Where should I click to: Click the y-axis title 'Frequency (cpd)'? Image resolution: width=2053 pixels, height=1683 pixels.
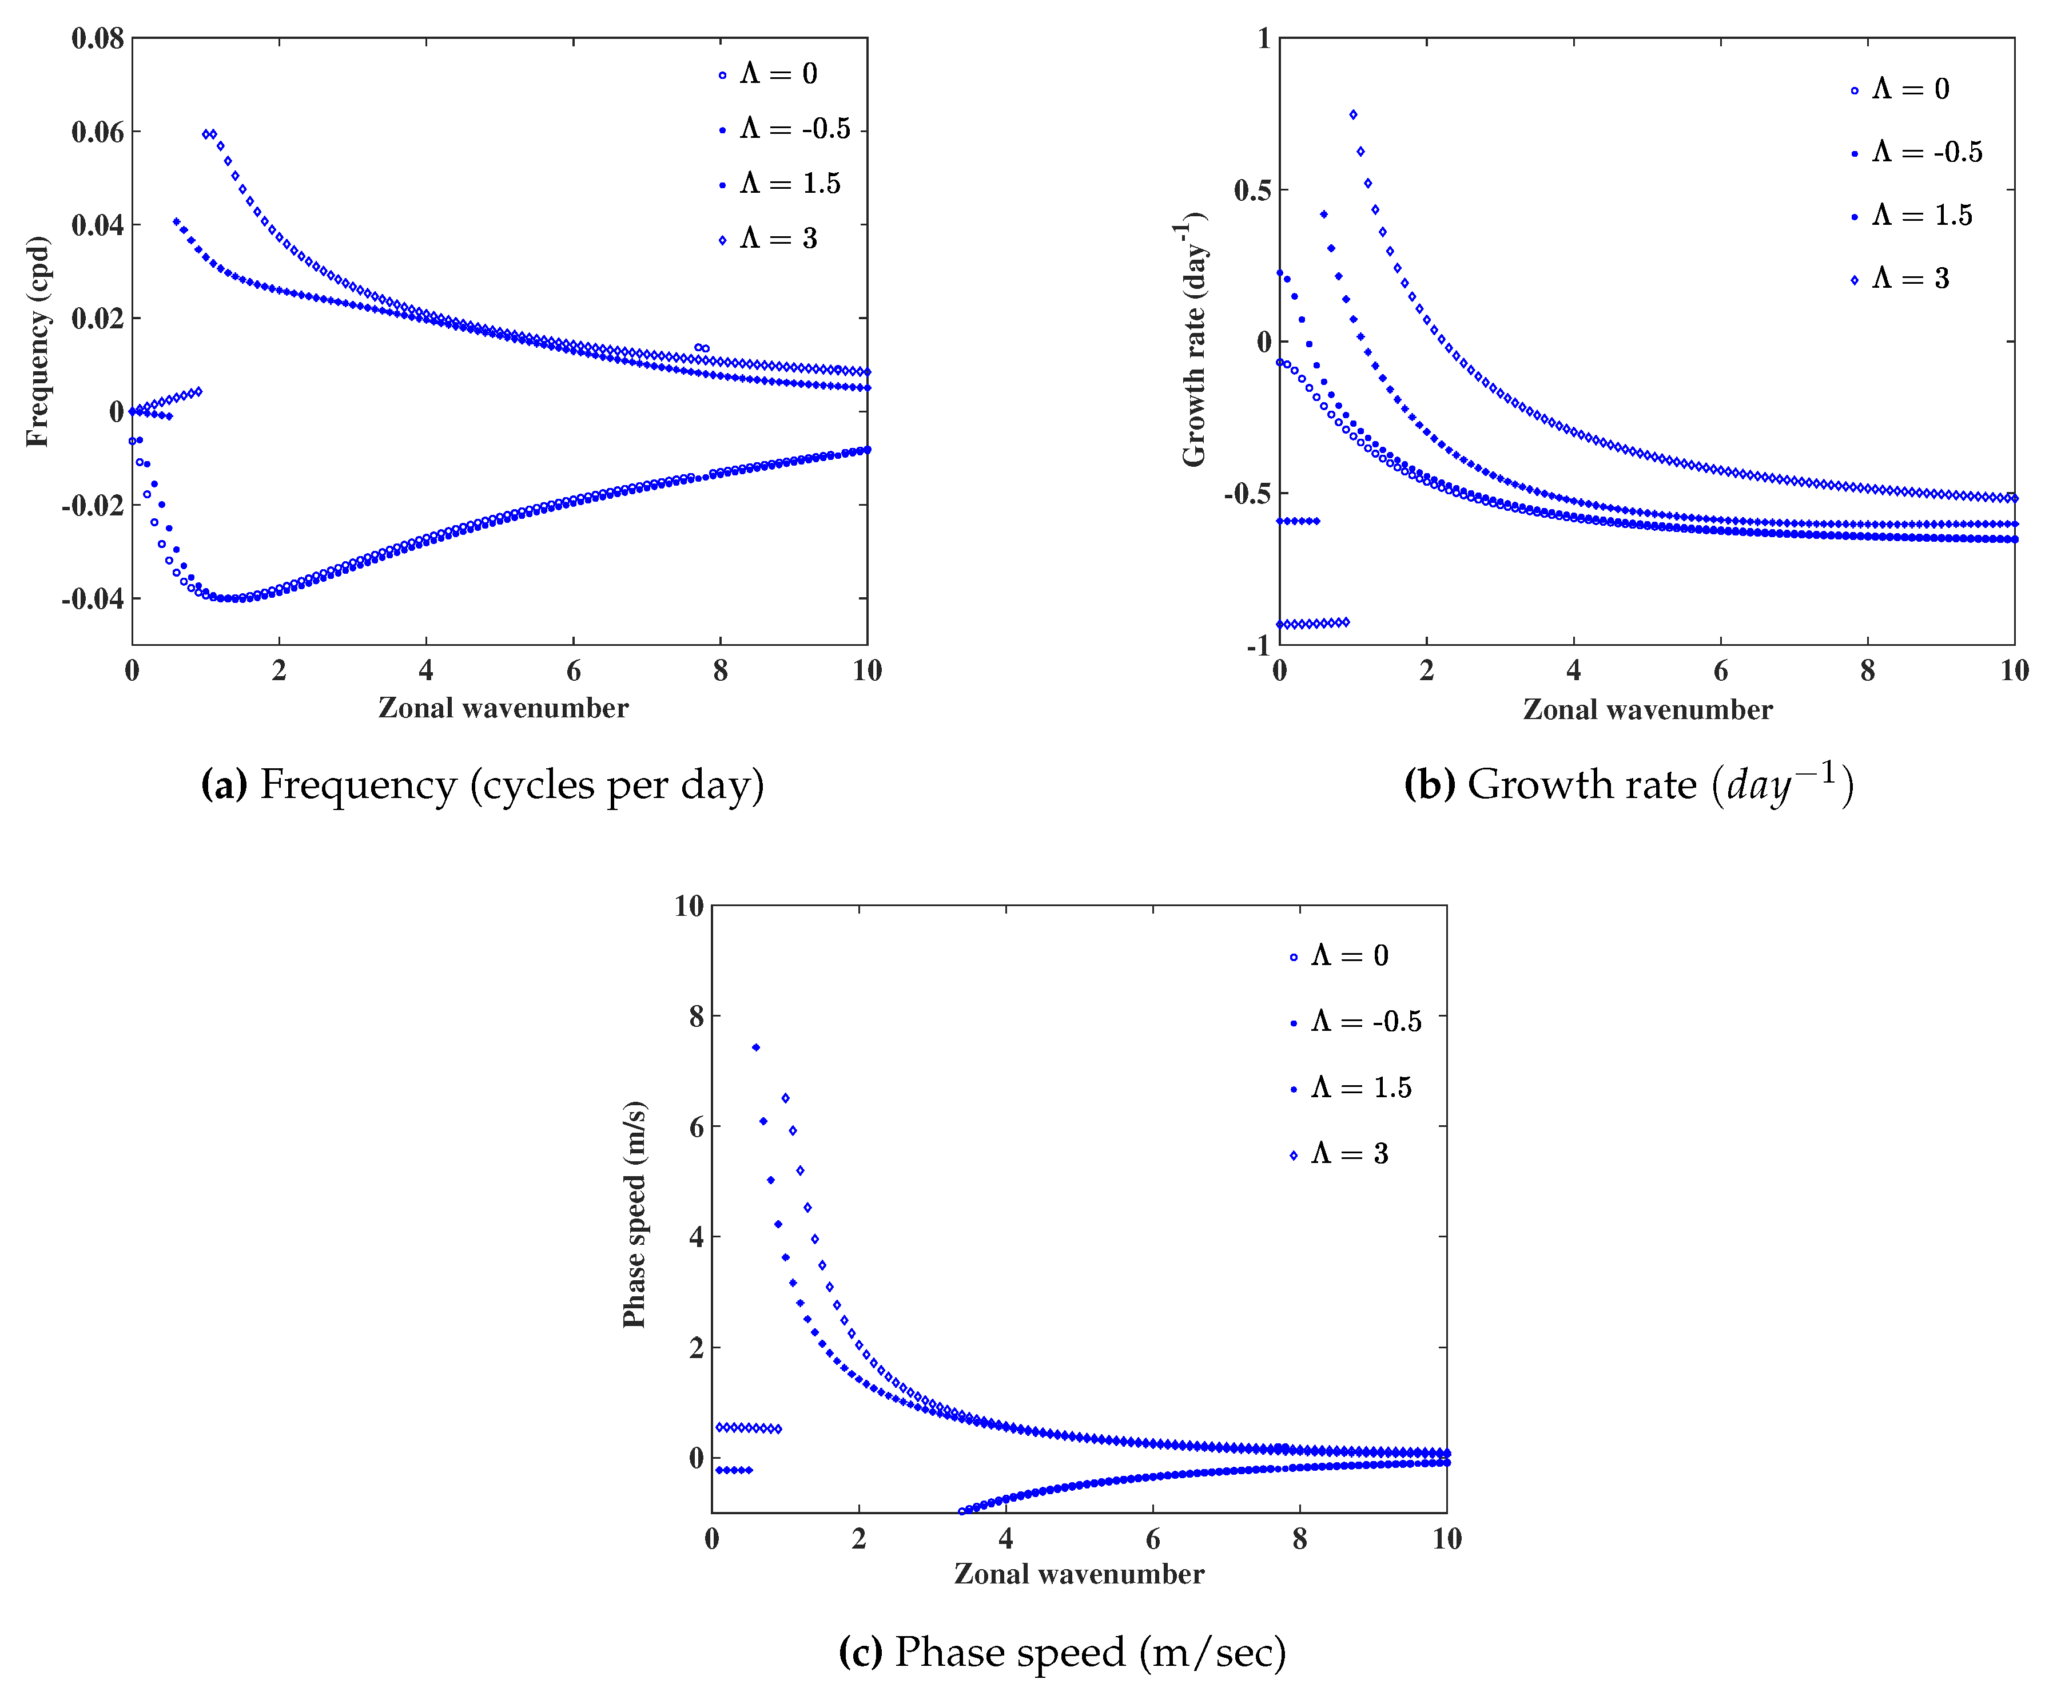[x=37, y=342]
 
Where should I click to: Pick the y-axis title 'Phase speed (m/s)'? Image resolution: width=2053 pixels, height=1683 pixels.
[x=634, y=1214]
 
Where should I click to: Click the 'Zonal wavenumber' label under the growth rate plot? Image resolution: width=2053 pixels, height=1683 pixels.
[x=1647, y=710]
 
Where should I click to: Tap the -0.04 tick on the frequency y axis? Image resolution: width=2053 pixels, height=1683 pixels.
[x=93, y=599]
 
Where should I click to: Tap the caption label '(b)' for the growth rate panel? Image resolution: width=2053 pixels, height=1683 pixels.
[x=1429, y=784]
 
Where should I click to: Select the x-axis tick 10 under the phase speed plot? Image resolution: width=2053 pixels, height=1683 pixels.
[x=1446, y=1538]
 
